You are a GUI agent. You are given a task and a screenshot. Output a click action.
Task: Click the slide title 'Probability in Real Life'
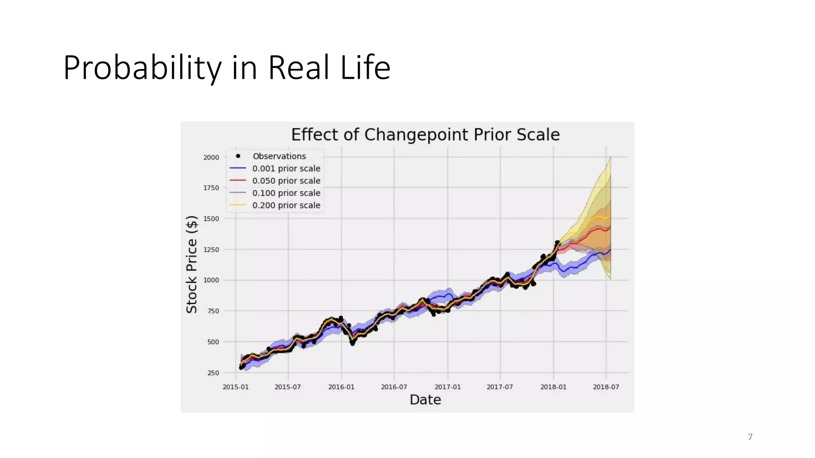(x=226, y=68)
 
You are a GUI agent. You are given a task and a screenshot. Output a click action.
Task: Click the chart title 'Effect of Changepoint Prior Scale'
(x=425, y=135)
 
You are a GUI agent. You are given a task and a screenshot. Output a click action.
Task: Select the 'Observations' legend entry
(x=279, y=156)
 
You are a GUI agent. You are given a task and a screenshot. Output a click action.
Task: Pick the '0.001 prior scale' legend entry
(x=286, y=169)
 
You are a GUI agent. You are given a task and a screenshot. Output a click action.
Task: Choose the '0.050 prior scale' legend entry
(x=286, y=181)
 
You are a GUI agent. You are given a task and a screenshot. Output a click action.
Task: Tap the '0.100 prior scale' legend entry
(x=286, y=193)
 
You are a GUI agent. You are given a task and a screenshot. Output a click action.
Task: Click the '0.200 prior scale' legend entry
(x=286, y=206)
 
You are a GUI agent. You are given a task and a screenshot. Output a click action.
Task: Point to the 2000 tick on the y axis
(x=211, y=157)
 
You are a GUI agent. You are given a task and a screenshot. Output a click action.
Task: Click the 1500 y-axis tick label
(x=211, y=219)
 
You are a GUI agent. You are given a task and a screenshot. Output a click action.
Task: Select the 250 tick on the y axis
(x=213, y=373)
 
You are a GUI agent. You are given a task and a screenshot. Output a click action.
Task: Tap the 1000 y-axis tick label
(x=211, y=280)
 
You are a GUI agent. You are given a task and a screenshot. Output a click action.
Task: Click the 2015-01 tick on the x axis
(x=236, y=387)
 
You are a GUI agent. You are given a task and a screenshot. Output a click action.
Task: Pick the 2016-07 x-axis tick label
(x=394, y=387)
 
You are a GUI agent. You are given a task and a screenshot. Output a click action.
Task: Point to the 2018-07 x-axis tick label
(x=606, y=387)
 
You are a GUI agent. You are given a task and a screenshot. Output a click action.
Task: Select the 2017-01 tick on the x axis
(x=447, y=387)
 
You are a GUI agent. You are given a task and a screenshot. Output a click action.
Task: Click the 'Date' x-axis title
(x=425, y=400)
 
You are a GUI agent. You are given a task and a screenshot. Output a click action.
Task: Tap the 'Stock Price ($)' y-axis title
(x=192, y=264)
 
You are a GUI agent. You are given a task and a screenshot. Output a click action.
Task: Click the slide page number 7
(x=750, y=437)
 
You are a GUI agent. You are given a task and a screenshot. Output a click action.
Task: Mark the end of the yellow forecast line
(x=610, y=217)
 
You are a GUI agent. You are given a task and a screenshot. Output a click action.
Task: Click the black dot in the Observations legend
(x=238, y=156)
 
